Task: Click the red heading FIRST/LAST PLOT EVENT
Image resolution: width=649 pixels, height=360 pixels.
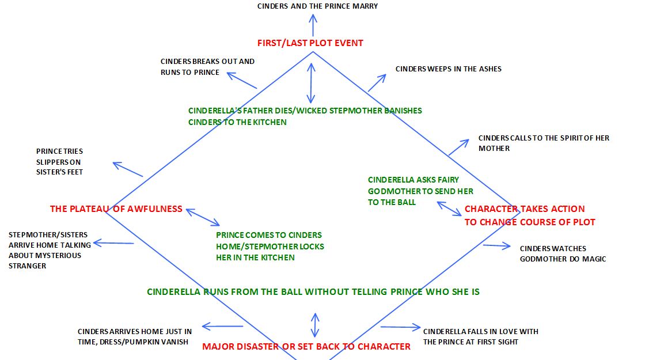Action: (310, 43)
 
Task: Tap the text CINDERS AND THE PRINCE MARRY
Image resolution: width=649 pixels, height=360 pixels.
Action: (317, 6)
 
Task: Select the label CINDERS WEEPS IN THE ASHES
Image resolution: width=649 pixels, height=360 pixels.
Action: (448, 69)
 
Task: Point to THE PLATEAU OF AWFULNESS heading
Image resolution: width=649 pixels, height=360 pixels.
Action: (116, 209)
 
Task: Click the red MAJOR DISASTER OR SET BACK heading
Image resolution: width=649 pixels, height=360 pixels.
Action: (306, 346)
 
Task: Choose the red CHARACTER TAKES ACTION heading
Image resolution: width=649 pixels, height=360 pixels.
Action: (529, 215)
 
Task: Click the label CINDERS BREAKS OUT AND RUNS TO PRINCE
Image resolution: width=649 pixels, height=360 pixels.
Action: (207, 67)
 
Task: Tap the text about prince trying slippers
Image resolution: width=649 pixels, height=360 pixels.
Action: (59, 161)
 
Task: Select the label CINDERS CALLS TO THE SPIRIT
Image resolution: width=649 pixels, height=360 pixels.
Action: (543, 143)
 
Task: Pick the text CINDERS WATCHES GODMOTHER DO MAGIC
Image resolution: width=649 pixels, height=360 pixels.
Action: (563, 253)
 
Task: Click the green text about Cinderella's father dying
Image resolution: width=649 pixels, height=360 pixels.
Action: (305, 116)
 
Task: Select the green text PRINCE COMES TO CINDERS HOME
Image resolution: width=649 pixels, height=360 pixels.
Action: (270, 246)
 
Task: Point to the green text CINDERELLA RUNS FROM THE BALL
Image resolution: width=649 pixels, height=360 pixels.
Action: (313, 291)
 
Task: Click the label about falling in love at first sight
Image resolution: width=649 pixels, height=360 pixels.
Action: (480, 336)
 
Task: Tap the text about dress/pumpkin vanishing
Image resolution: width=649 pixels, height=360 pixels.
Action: (135, 336)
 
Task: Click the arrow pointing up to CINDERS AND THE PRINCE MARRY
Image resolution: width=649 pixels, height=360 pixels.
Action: (313, 25)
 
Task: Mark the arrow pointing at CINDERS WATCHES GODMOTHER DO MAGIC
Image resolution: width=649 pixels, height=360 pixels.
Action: (496, 246)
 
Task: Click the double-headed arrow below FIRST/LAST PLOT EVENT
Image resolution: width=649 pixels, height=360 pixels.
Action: (312, 82)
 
